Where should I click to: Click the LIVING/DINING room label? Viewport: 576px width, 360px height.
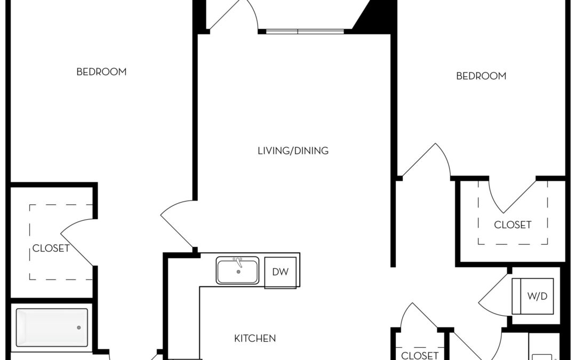293,150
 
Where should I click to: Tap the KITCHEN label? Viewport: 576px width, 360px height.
255,338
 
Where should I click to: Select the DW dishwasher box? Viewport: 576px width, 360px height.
281,272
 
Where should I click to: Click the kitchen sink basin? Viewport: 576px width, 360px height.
237,271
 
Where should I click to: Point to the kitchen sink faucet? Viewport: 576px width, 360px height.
238,262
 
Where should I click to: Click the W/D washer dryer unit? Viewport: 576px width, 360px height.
533,296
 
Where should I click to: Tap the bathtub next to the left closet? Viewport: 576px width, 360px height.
52,327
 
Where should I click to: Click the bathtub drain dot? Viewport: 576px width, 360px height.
78,327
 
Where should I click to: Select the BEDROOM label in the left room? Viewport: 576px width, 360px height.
101,71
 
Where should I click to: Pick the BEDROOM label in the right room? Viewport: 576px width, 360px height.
481,76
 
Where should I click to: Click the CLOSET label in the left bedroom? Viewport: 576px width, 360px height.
51,249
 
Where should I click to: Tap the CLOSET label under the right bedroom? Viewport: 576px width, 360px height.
513,225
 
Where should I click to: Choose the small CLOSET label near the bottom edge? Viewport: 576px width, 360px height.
420,355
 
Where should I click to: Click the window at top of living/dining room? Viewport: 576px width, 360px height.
305,31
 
